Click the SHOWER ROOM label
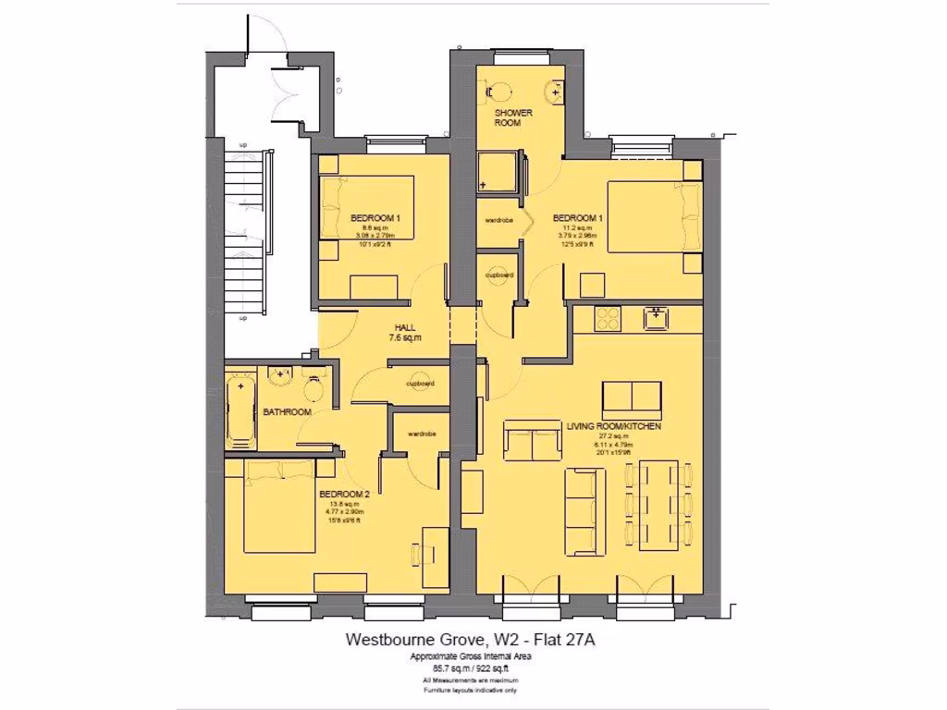(513, 117)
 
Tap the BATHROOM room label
(286, 411)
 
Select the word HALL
(405, 327)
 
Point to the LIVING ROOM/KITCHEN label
(611, 426)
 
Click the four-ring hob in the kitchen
(609, 317)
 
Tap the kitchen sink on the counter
(658, 317)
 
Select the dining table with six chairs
(659, 504)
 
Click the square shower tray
(498, 173)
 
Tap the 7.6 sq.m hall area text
(405, 338)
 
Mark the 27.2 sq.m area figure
(611, 435)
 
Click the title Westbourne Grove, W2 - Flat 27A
(477, 639)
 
